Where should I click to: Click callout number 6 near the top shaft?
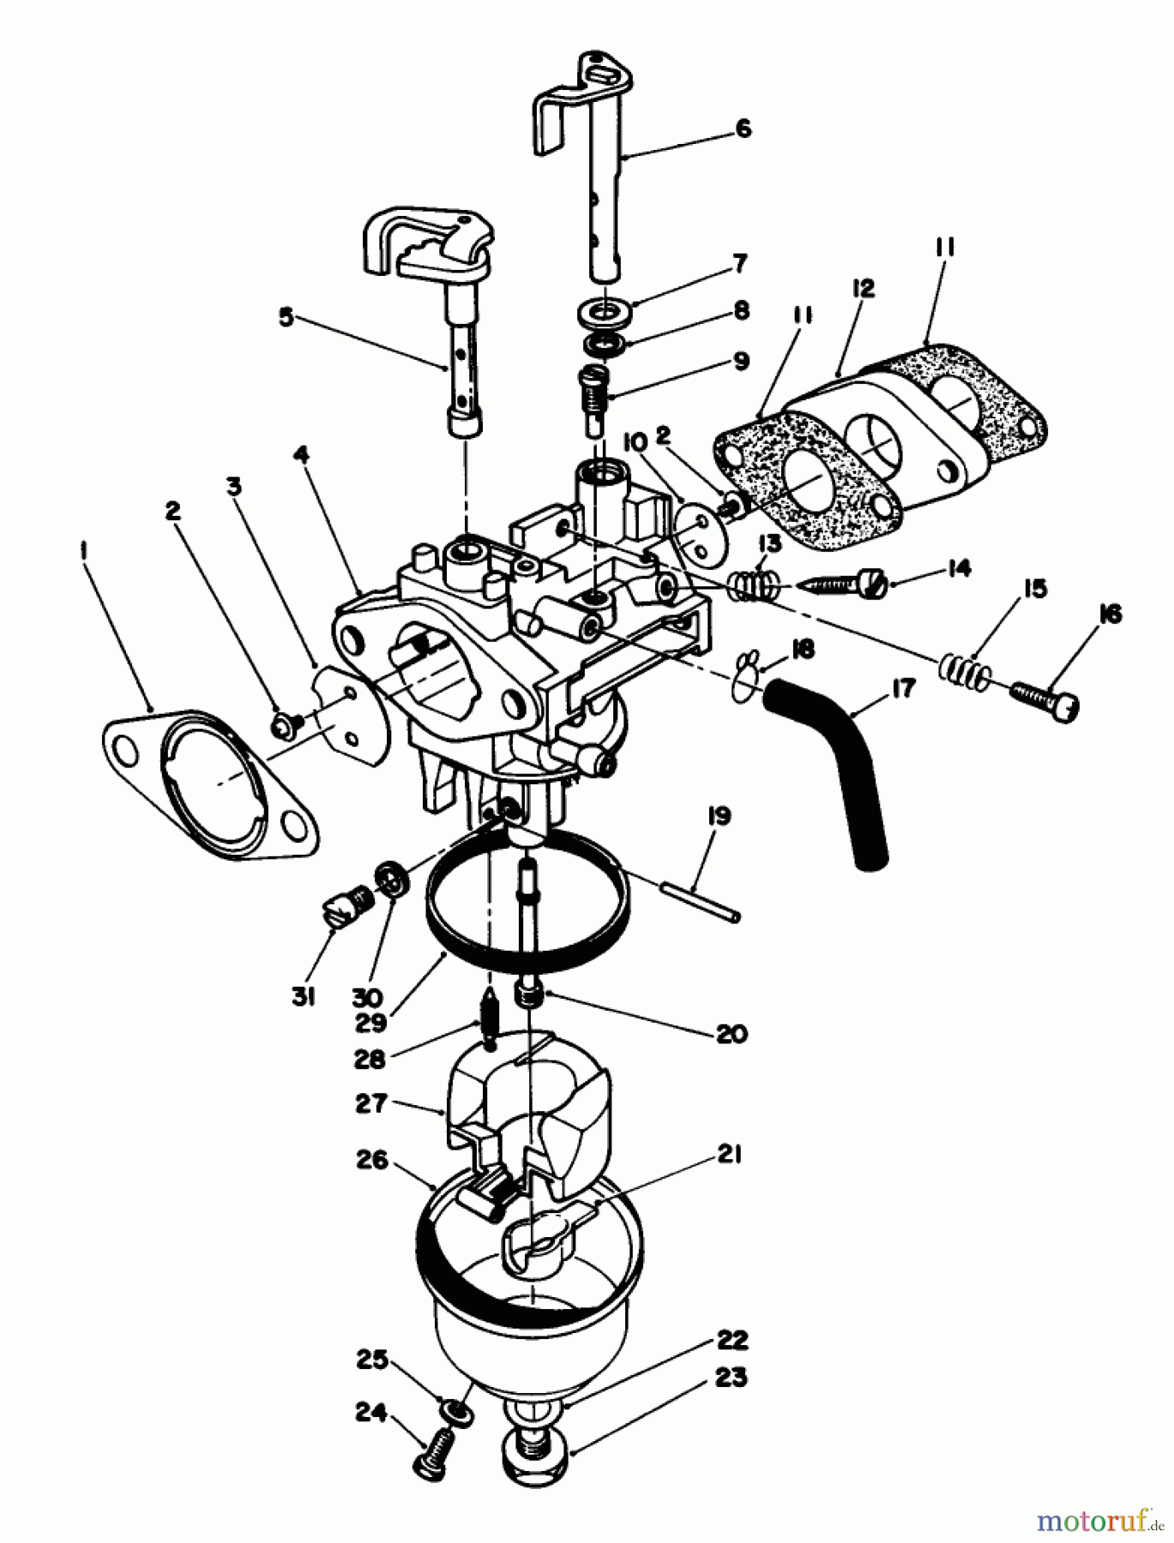(x=744, y=129)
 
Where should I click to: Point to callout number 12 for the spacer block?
(x=863, y=289)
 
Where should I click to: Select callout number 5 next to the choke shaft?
(x=286, y=317)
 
